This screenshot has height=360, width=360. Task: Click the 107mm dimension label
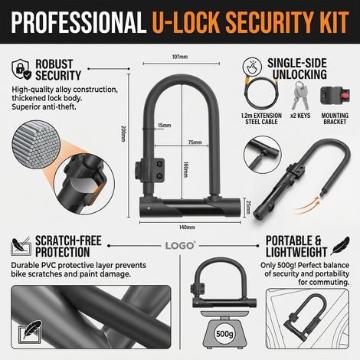pyautogui.click(x=180, y=57)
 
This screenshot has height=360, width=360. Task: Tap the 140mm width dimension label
pyautogui.click(x=187, y=227)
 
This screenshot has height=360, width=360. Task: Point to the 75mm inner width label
pyautogui.click(x=195, y=142)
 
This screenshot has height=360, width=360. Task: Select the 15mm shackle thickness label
pyautogui.click(x=165, y=126)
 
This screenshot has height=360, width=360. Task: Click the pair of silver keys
pyautogui.click(x=300, y=95)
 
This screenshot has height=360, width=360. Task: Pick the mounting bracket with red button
pyautogui.click(x=335, y=95)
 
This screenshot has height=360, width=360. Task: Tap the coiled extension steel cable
pyautogui.click(x=261, y=93)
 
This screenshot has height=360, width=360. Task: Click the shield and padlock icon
pyautogui.click(x=21, y=70)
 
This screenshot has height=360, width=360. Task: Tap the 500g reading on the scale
pyautogui.click(x=224, y=334)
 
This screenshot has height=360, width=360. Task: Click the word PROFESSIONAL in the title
pyautogui.click(x=78, y=22)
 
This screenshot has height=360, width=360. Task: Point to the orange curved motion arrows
pyautogui.click(x=306, y=206)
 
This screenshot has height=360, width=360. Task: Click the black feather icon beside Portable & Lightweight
pyautogui.click(x=340, y=246)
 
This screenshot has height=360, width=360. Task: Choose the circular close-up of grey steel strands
pyautogui.click(x=36, y=145)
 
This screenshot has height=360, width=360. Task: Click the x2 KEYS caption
pyautogui.click(x=300, y=116)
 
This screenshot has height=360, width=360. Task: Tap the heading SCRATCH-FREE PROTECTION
pyautogui.click(x=68, y=247)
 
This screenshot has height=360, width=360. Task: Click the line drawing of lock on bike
pyautogui.click(x=307, y=319)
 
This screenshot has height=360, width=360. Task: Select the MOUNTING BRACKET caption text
pyautogui.click(x=335, y=119)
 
